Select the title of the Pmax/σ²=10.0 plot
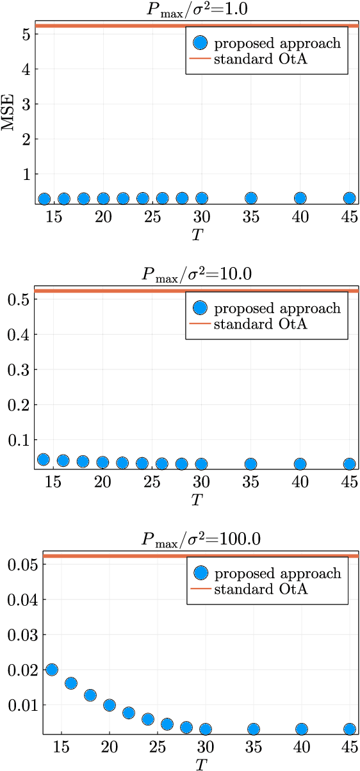click(x=196, y=273)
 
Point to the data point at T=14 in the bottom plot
click(x=51, y=670)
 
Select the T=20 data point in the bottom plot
click(x=110, y=705)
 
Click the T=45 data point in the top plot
click(x=349, y=198)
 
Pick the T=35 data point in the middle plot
click(x=251, y=464)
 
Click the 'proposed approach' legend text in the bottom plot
click(x=277, y=574)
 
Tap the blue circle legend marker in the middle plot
click(x=200, y=309)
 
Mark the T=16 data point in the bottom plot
click(x=70, y=683)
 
